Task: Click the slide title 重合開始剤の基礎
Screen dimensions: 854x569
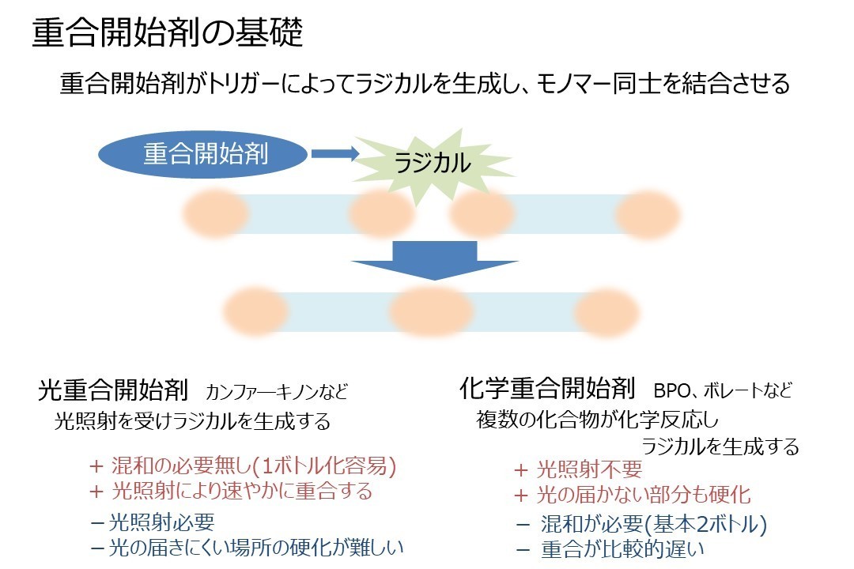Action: point(168,32)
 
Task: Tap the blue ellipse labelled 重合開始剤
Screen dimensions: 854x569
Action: point(203,154)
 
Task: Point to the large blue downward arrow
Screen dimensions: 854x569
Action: point(434,260)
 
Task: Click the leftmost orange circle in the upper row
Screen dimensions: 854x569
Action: point(216,213)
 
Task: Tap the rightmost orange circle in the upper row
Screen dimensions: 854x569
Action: point(648,214)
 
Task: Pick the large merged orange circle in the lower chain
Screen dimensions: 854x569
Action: point(431,311)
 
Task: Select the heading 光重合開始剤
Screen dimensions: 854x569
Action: point(113,390)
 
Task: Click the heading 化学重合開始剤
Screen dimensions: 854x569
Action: point(547,388)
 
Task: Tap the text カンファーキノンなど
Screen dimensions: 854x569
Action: point(277,392)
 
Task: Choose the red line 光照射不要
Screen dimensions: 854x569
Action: point(589,469)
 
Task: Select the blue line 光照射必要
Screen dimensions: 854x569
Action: point(162,522)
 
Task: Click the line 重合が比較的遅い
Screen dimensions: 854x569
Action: point(622,549)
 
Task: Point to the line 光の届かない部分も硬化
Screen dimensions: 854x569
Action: point(644,495)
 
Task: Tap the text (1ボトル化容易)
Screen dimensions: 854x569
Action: point(325,466)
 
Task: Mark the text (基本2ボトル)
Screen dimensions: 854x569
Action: point(705,524)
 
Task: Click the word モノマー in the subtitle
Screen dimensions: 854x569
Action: point(574,84)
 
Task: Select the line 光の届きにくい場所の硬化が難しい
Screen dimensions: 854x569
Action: point(256,547)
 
